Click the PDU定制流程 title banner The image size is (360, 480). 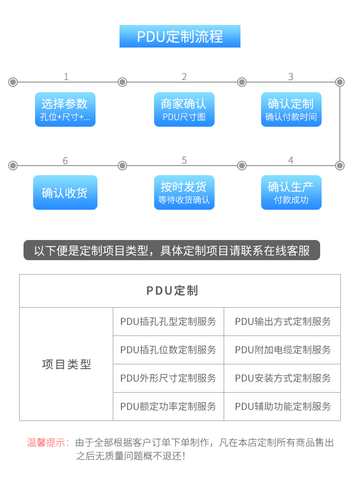tap(180, 36)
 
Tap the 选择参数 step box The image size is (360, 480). tap(65, 109)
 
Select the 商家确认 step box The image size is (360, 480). tap(184, 109)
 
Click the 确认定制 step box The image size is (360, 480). tap(291, 109)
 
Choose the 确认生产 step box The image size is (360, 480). tap(291, 192)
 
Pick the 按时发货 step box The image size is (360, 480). tap(184, 192)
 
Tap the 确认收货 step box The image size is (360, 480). tap(65, 192)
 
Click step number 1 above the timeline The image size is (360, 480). tap(66, 76)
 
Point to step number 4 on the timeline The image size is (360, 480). tap(291, 160)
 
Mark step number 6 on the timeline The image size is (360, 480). tap(65, 160)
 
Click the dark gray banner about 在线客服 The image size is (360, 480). tap(172, 250)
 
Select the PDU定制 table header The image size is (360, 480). tap(180, 291)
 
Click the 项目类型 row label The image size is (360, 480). tap(66, 364)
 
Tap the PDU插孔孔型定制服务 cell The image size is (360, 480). tap(168, 322)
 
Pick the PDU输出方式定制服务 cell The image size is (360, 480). tap(282, 322)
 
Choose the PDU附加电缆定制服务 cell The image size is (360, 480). tap(282, 350)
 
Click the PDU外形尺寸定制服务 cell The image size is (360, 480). tap(168, 378)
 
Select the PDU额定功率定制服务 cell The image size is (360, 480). tap(168, 407)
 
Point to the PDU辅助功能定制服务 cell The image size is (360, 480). tap(282, 407)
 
